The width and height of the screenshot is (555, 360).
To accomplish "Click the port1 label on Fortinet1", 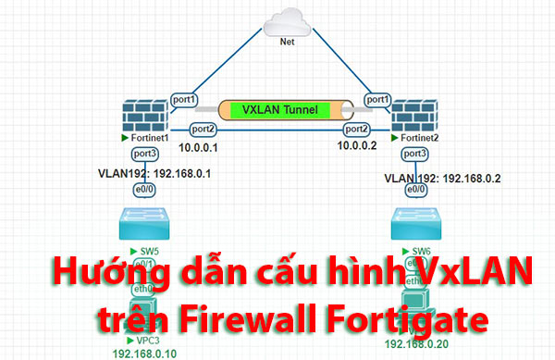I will (184, 99).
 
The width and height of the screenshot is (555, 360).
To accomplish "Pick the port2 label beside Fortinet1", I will (203, 129).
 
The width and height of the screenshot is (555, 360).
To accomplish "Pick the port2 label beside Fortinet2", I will (357, 129).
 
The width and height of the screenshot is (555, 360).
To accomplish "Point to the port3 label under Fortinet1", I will (145, 154).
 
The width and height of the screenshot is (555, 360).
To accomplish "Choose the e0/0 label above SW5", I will (144, 189).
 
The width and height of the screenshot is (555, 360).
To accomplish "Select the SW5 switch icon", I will (145, 225).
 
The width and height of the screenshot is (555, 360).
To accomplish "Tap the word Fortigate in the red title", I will (408, 319).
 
